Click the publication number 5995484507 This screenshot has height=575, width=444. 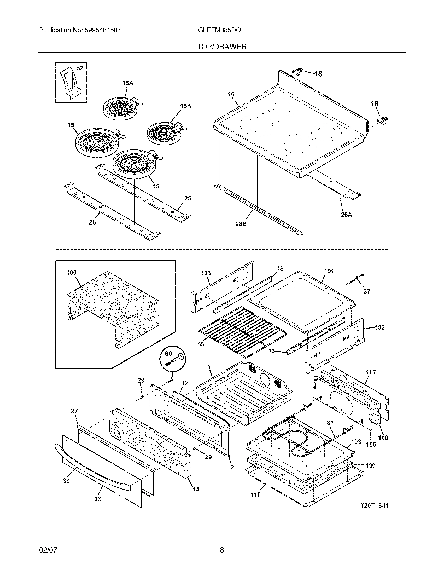click(x=103, y=30)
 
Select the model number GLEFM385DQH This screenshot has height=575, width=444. click(x=222, y=30)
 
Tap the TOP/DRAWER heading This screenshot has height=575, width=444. click(x=222, y=47)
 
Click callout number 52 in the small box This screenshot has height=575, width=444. click(x=80, y=68)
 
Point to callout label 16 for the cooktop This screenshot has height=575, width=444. click(x=231, y=94)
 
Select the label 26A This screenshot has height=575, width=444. click(x=346, y=215)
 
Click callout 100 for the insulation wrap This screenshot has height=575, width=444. click(x=71, y=273)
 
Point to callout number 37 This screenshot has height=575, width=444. click(x=367, y=291)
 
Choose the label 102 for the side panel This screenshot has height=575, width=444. click(x=379, y=327)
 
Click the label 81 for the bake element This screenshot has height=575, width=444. click(x=330, y=423)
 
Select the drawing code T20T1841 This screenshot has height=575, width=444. click(x=374, y=505)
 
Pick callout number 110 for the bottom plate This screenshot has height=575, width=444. click(x=255, y=495)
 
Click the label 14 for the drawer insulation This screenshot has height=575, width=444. click(x=196, y=489)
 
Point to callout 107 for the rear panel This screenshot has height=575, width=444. click(x=371, y=372)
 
